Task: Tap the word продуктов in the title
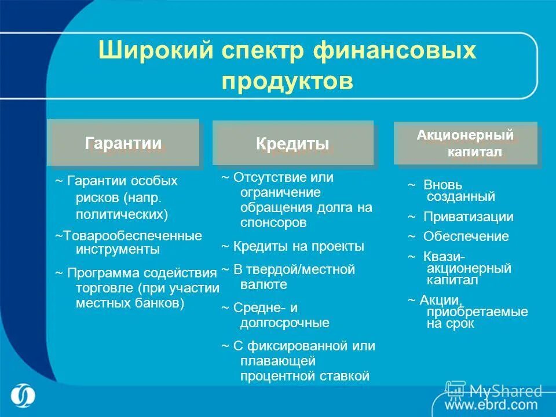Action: [287, 81]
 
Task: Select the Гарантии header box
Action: [123, 143]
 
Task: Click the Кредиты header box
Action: [292, 144]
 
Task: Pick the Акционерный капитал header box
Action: [466, 144]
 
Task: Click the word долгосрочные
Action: [284, 323]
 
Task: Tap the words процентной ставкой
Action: [304, 376]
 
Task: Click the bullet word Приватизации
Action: [468, 217]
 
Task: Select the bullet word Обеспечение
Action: [466, 236]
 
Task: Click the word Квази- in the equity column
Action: [444, 256]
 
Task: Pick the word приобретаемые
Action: [477, 312]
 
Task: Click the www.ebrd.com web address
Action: [491, 404]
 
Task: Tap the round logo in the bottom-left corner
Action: [23, 396]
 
